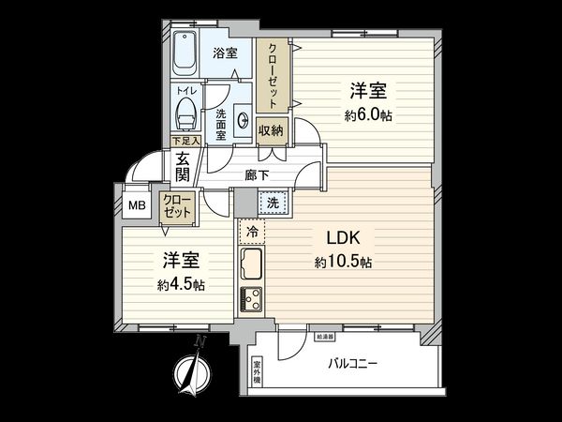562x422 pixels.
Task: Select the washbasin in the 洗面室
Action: [244, 120]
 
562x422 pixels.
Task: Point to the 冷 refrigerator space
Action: [252, 230]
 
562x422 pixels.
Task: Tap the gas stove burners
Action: [253, 299]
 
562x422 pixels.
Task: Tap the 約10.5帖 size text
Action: [342, 263]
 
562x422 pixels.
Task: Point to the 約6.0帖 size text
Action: [367, 116]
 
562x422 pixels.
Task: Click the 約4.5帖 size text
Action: [180, 284]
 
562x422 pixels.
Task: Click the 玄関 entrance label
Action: [183, 167]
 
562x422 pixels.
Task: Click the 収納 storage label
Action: [272, 131]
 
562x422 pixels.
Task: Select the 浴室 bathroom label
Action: [225, 53]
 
